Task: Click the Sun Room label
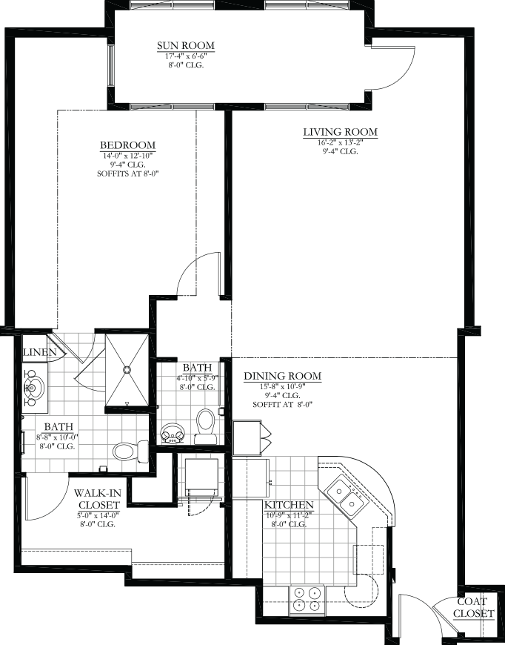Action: (186, 46)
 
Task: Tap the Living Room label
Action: (340, 132)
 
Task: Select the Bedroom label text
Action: (128, 145)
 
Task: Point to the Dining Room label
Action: (283, 376)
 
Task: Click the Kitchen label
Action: (289, 505)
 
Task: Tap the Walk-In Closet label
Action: (97, 498)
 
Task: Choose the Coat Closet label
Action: (473, 608)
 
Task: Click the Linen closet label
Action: (39, 353)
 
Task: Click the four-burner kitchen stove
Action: (307, 599)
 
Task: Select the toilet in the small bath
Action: (205, 426)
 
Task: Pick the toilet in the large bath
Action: (130, 451)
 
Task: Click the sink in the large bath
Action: (34, 388)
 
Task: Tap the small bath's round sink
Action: (173, 434)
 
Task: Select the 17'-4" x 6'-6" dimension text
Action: (186, 56)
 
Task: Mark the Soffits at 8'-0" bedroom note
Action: (128, 173)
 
